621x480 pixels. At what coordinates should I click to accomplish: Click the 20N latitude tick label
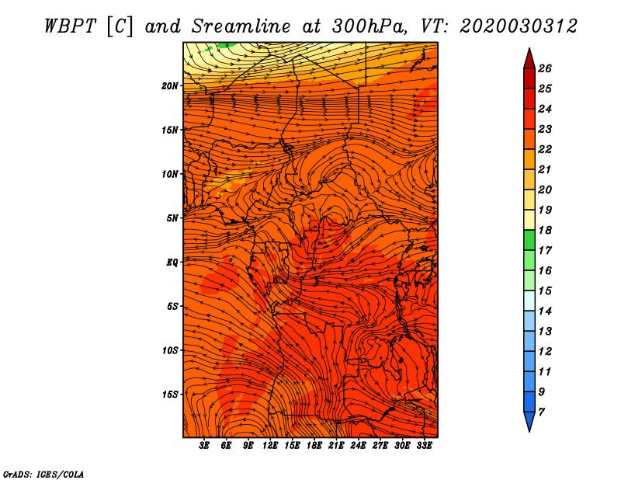point(170,86)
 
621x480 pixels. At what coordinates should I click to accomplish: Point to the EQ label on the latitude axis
point(172,263)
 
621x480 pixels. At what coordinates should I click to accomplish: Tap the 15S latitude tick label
point(170,395)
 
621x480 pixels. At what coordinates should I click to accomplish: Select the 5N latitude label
point(172,218)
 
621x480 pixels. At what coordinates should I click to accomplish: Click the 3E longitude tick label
point(204,446)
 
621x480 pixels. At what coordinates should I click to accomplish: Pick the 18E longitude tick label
point(314,446)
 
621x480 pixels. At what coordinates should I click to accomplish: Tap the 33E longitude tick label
point(424,446)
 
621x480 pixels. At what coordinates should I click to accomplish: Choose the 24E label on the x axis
point(358,446)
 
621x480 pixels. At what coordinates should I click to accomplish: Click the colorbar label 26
point(545,68)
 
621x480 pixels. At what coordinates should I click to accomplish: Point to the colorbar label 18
point(545,230)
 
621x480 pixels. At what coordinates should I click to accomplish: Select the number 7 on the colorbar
point(542,412)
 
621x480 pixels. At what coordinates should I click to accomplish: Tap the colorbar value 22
point(545,149)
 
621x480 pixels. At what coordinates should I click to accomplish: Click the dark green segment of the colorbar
point(529,240)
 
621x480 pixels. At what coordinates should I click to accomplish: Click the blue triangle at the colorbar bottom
point(529,420)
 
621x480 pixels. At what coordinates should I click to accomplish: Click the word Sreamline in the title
point(241,26)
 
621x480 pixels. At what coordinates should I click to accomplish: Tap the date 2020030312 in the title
point(519,26)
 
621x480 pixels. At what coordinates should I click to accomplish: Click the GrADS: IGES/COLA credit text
point(43,475)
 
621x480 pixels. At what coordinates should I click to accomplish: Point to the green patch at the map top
point(227,45)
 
